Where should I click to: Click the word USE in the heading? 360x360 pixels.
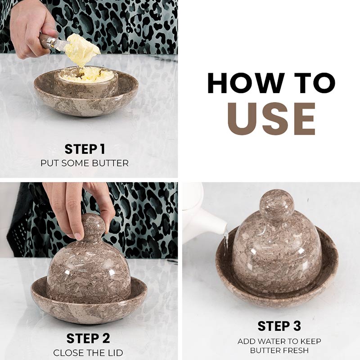(271, 119)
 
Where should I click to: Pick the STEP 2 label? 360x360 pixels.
(88, 338)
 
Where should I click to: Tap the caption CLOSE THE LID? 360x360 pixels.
(88, 353)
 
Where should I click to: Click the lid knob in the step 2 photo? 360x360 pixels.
(92, 227)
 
